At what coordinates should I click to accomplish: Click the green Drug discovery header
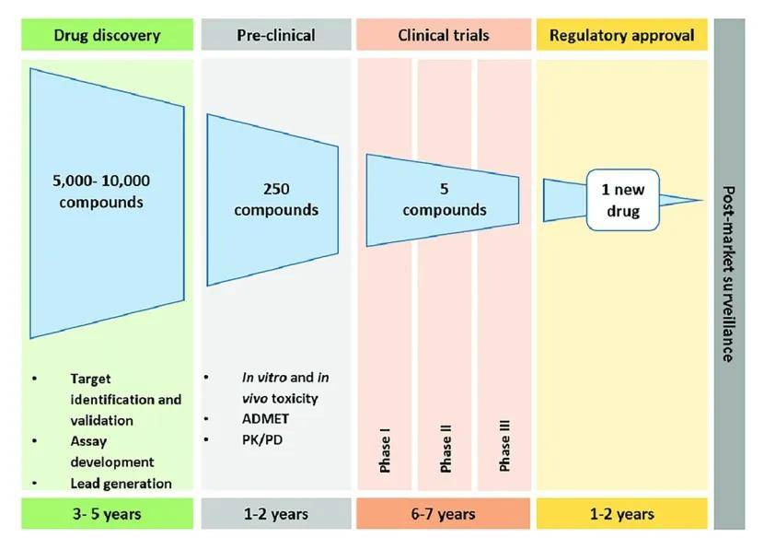click(107, 36)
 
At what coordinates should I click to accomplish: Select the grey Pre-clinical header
click(275, 36)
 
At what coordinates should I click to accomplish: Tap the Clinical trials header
click(443, 36)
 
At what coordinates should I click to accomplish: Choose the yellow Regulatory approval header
click(621, 36)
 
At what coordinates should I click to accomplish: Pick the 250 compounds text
click(275, 200)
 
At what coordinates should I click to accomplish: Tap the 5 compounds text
click(445, 200)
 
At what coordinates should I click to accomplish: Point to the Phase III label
click(504, 447)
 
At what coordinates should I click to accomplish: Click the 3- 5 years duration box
click(107, 513)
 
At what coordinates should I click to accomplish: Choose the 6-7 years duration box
click(443, 513)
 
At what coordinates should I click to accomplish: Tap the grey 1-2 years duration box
click(275, 513)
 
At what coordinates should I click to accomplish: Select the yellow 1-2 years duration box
click(621, 513)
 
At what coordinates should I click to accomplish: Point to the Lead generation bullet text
click(121, 484)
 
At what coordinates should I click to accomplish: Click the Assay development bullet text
click(112, 451)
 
